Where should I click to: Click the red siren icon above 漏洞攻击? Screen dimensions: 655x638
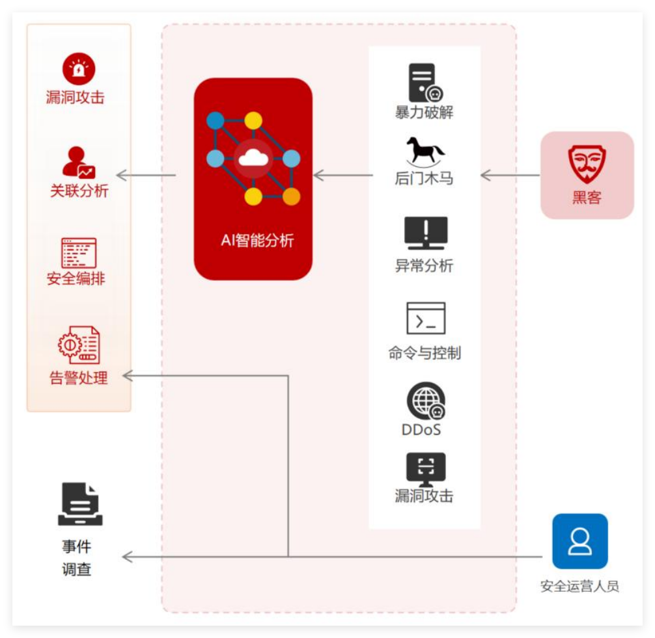pos(79,69)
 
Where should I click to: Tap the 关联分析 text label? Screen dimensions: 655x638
pos(79,191)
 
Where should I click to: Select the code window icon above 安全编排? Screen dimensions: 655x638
pos(79,253)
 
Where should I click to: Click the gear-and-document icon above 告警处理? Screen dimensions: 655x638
pos(79,345)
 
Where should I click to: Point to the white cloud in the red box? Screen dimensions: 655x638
pos(253,158)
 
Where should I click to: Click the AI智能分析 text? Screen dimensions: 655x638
pos(257,241)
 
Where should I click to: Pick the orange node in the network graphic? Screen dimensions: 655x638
pos(291,197)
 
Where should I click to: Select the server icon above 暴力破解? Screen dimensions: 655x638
pos(425,83)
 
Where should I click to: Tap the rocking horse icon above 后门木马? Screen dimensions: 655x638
pos(425,151)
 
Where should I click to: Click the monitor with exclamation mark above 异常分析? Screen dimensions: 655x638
pos(426,233)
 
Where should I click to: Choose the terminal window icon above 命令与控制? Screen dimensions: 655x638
pos(426,318)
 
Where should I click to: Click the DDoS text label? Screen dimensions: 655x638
pos(421,430)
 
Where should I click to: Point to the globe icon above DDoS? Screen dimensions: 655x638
pos(426,401)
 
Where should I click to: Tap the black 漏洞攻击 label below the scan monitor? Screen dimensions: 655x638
pos(424,496)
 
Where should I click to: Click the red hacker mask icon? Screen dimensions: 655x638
pos(587,165)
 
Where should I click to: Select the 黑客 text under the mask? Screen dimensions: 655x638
pos(587,197)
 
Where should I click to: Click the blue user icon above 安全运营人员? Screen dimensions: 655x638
pos(580,541)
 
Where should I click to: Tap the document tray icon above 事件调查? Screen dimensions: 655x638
pos(80,504)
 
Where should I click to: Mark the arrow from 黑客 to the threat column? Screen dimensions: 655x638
pos(510,175)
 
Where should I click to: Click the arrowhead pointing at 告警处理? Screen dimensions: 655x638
pos(127,375)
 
